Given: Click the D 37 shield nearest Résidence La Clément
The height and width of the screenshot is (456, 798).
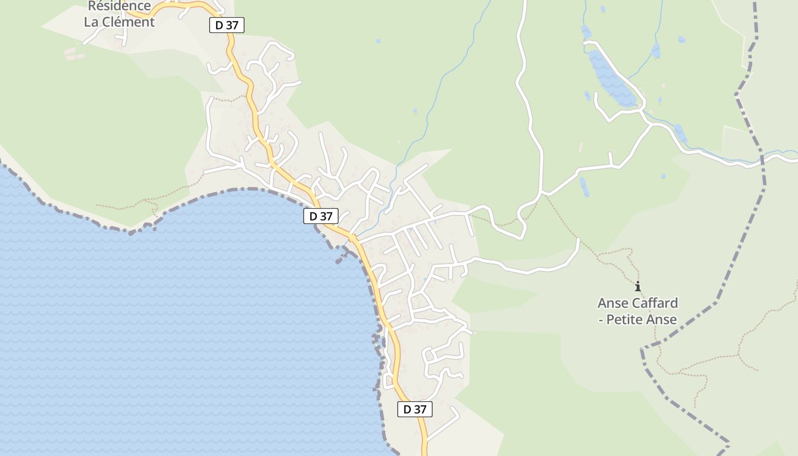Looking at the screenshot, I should pos(227,25).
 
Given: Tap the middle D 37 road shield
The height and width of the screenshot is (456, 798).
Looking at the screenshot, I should pos(321,216).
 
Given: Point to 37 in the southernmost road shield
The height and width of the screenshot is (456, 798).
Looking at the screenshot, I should pos(420,409).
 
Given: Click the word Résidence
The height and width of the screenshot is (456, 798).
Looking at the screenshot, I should pos(119,6).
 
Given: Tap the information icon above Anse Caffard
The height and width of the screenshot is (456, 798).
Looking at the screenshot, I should pos(638,286).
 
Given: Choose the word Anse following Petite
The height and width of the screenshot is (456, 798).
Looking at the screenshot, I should pos(661,319).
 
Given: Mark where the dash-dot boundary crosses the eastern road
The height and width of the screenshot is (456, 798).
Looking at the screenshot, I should pos(762,159).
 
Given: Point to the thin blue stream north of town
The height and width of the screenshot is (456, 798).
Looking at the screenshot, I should pos(445,80).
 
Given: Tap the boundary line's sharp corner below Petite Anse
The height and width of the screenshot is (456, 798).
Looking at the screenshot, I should pos(643,348).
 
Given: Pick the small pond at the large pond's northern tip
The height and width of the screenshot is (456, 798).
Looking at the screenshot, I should pos(586,31).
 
